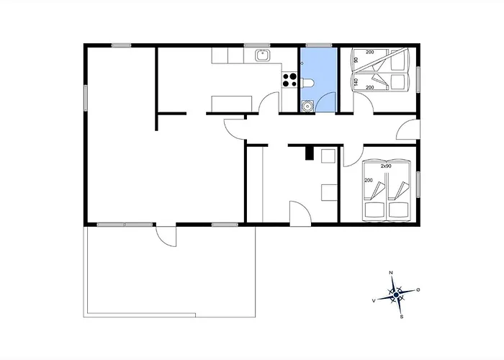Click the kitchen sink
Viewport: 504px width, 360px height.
click(x=263, y=55)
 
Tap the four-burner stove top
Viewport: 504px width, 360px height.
click(x=289, y=80)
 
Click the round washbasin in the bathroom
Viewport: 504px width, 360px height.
click(x=307, y=106)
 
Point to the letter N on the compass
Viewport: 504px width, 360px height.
click(x=391, y=273)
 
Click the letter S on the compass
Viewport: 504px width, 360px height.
click(x=402, y=317)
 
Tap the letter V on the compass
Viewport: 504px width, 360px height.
click(x=374, y=300)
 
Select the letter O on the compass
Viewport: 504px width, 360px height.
click(x=418, y=289)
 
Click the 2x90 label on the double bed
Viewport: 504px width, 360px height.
click(x=386, y=166)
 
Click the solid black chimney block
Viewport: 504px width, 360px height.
click(x=309, y=153)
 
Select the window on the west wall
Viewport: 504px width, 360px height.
click(x=86, y=98)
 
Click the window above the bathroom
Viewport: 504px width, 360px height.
click(x=318, y=45)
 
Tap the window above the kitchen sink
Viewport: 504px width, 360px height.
click(x=257, y=45)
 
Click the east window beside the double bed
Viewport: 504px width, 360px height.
click(x=418, y=184)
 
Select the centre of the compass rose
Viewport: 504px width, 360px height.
click(x=396, y=294)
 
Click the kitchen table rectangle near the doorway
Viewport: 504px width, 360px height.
click(x=231, y=104)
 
